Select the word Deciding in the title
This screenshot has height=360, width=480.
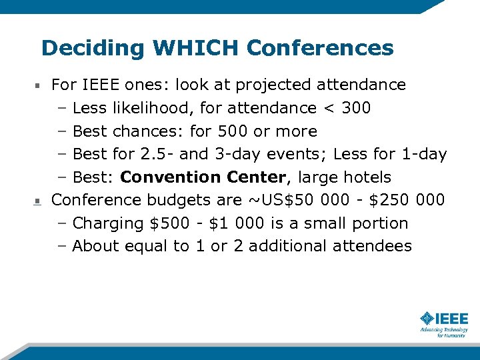point(93,49)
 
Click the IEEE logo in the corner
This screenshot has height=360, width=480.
point(444,323)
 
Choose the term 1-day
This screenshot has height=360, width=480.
point(424,154)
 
